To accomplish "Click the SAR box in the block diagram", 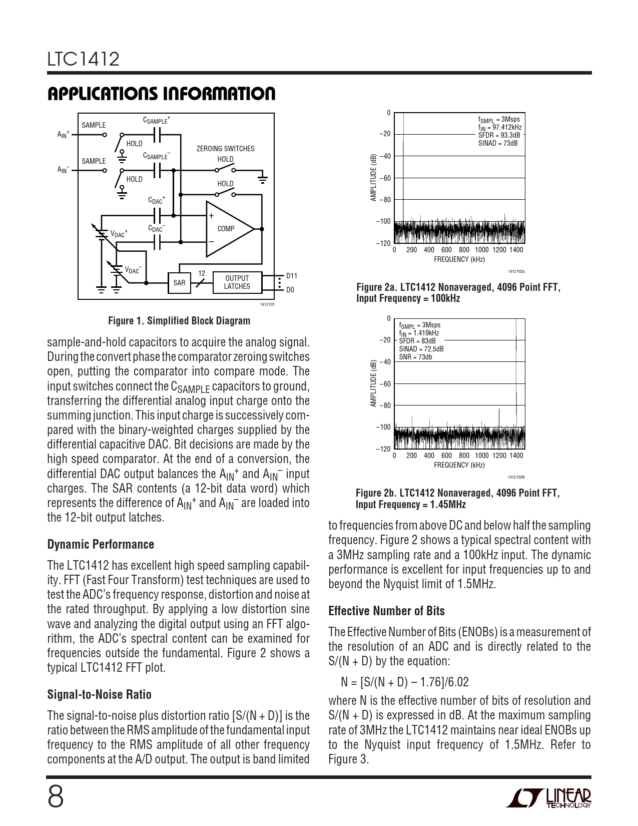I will (179, 283).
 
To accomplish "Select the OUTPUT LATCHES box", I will (237, 283).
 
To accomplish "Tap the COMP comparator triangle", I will (228, 229).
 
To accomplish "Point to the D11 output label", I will (291, 276).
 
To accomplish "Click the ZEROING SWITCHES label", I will (225, 149).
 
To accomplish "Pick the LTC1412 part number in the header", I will (84, 60).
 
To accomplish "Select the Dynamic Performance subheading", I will (101, 544).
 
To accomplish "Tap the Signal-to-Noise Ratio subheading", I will (99, 694).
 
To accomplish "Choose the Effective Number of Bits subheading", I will (386, 611).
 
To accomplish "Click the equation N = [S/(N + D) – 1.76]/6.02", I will (405, 682).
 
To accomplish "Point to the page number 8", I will (56, 797).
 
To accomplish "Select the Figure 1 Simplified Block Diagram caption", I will (179, 321).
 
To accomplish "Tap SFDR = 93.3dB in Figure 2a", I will (499, 135).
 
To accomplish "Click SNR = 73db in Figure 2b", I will (415, 357).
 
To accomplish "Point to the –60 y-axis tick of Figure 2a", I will (384, 178).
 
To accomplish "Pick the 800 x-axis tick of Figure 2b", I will (464, 456).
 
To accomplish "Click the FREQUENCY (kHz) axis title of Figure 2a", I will (459, 259).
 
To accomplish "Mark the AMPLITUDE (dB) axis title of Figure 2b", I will (373, 383).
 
